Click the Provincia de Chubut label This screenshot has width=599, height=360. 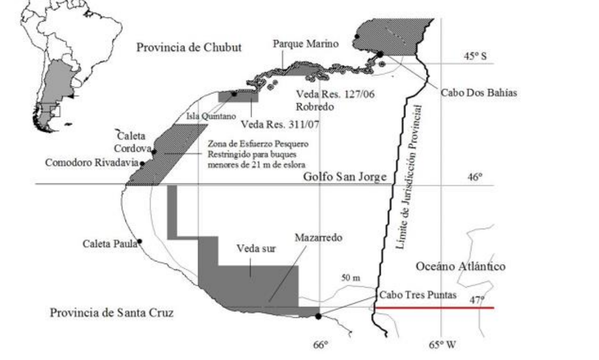[x=189, y=47]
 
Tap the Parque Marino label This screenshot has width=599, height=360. [x=305, y=44]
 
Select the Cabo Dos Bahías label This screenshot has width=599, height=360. [x=479, y=92]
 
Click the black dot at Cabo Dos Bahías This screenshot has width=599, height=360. [x=380, y=54]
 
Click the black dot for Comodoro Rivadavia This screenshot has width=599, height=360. [x=142, y=163]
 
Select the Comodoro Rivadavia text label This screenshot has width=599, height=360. [x=92, y=163]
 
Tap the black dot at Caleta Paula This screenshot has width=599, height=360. [x=140, y=241]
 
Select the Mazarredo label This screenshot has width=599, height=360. [x=320, y=238]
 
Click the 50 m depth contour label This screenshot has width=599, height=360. [x=350, y=277]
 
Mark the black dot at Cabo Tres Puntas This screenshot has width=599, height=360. [x=318, y=316]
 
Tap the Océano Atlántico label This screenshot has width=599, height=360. [x=460, y=266]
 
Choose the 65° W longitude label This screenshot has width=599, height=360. [x=442, y=345]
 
